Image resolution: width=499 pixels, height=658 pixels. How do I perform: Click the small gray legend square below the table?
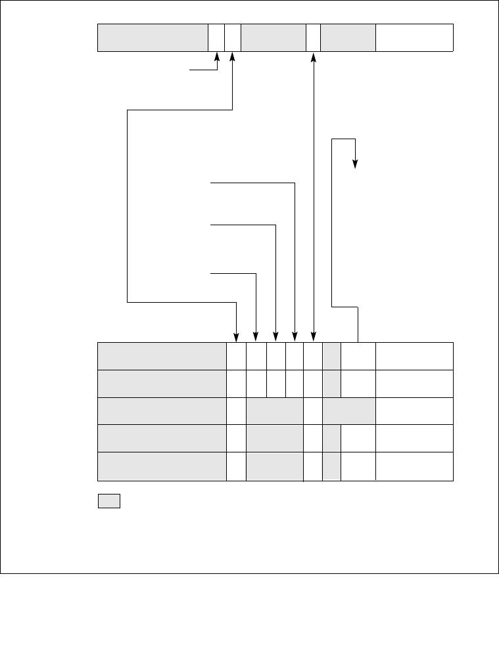109,501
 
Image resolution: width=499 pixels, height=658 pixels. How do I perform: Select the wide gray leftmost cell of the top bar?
153,37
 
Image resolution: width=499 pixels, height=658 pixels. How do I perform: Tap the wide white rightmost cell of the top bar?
414,37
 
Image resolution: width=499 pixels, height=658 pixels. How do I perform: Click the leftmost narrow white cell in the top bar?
216,37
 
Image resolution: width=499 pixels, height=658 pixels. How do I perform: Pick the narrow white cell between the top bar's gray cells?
313,37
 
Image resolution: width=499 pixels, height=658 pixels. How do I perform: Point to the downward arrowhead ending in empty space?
355,165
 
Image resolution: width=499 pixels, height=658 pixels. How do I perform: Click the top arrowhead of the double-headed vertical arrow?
314,58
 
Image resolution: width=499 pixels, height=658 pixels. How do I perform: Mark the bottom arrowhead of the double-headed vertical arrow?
314,336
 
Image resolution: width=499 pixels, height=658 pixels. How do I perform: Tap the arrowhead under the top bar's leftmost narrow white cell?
217,59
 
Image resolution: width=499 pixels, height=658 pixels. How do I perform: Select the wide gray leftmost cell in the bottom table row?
162,466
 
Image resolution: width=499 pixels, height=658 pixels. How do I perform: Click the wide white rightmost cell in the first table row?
414,355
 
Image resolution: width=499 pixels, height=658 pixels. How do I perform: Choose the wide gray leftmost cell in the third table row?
162,410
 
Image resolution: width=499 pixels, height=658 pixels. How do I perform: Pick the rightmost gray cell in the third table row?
349,410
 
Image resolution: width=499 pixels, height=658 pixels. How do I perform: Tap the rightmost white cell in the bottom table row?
414,466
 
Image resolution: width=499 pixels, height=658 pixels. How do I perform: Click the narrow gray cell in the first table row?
332,355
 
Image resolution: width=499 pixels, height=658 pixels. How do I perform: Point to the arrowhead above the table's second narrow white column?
256,336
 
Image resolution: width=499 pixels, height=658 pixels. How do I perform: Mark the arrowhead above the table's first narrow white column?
237,336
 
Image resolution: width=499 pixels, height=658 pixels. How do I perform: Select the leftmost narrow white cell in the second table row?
237,383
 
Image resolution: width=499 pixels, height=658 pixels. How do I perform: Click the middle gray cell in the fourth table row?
275,438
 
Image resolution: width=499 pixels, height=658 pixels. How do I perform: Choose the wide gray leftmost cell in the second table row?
162,383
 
